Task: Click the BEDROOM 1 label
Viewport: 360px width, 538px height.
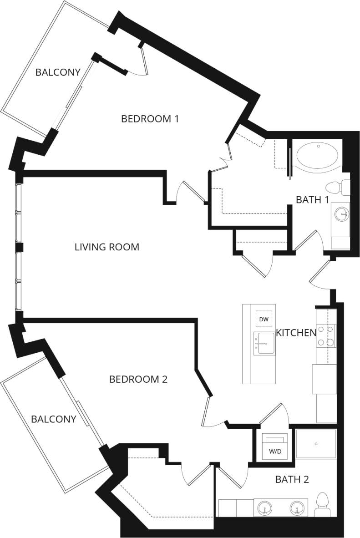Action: tap(150, 119)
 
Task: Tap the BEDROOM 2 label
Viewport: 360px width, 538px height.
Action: tap(138, 379)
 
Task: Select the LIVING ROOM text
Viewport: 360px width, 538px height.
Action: tap(106, 247)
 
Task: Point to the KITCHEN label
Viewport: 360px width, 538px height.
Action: tap(296, 333)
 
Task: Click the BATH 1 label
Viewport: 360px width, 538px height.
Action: tap(312, 199)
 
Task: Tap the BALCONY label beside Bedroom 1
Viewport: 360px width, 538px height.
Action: tap(58, 72)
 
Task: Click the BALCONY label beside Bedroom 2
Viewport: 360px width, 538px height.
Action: tap(53, 419)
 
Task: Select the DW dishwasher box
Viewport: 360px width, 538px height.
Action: tap(264, 320)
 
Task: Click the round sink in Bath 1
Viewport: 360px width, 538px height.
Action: tap(341, 213)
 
